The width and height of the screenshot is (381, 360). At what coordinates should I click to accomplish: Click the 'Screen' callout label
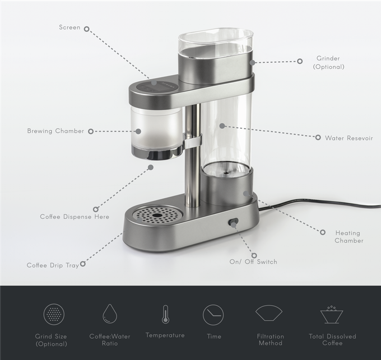pos(69,27)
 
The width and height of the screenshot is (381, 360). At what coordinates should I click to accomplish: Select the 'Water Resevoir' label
pos(349,138)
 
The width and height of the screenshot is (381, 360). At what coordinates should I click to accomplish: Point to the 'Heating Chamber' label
pos(349,237)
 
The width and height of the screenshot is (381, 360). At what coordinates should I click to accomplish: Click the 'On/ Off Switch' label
pos(253,261)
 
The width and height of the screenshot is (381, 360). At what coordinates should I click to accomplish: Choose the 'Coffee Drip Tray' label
pos(53,265)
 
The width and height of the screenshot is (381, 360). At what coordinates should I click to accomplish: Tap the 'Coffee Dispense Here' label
pos(75,217)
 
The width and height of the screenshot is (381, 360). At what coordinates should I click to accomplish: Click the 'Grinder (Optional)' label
pos(328,62)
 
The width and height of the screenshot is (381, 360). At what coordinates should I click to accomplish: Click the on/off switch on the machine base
pos(233,222)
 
